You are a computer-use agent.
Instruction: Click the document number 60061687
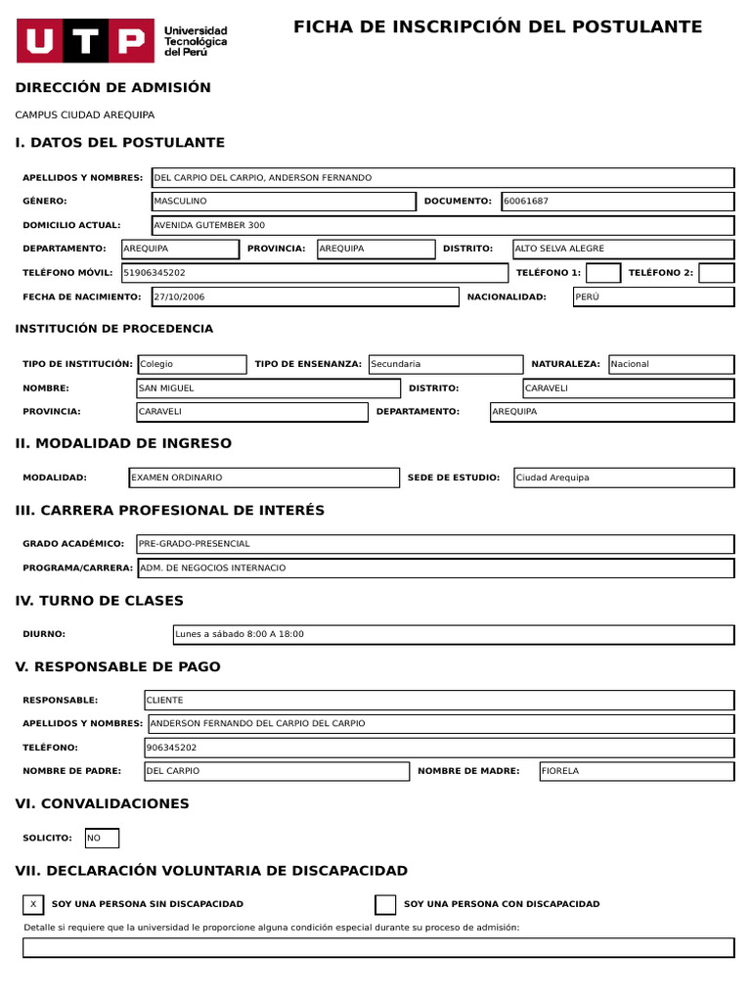tap(525, 202)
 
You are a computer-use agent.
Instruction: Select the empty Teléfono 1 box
tap(602, 273)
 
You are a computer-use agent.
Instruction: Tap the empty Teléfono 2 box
tap(716, 273)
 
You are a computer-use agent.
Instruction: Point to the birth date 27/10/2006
tap(179, 296)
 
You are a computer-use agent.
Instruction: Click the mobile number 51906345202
tap(154, 273)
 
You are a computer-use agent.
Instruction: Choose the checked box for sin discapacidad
tap(33, 904)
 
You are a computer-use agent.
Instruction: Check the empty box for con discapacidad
tap(385, 904)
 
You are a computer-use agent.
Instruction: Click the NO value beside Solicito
tap(94, 839)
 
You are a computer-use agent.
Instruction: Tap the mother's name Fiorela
tap(560, 771)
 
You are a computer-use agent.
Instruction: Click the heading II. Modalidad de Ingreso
tap(124, 443)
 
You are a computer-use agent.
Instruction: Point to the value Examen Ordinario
tap(177, 478)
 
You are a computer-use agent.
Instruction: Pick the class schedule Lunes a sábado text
tap(240, 634)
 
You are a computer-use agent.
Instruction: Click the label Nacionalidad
tap(507, 296)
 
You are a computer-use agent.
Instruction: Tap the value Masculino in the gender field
tap(180, 202)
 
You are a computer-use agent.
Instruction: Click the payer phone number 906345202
tap(171, 748)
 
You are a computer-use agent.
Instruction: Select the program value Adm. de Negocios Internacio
tap(213, 568)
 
